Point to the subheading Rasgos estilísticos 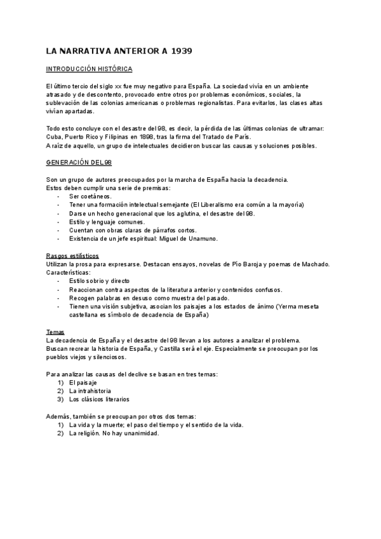click(72, 255)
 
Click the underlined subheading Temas click(55, 332)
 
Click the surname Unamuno click(201, 238)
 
